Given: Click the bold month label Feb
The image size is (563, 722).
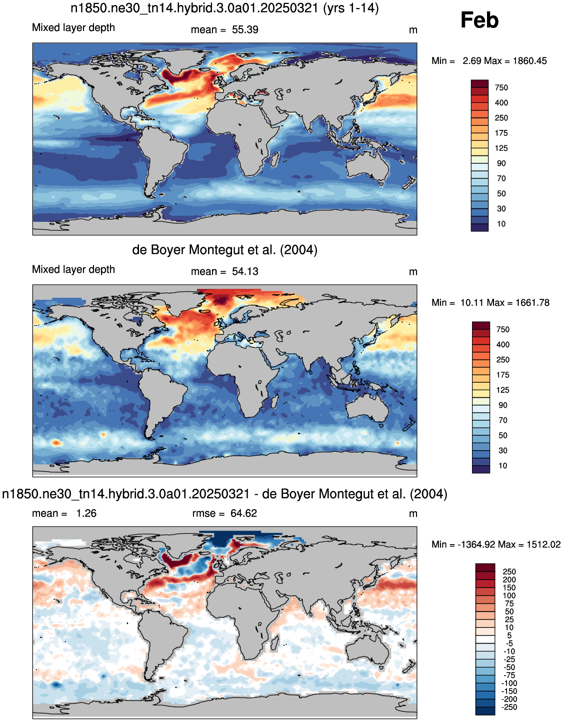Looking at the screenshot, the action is pos(479,20).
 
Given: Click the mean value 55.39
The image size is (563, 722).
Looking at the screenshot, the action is pos(245,29).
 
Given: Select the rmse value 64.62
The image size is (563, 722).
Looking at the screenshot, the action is pos(243,513).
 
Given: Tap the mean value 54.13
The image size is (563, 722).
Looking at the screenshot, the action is pos(245,271).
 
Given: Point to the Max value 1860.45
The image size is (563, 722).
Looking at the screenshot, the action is pos(530,61).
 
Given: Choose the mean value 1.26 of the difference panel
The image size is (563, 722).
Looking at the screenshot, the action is pos(86,513).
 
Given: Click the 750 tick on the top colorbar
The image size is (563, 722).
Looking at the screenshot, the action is pos(501,88).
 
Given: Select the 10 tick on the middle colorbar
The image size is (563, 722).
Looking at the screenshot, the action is pos(502,466).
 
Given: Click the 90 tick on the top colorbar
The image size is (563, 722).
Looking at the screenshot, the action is pos(501,163).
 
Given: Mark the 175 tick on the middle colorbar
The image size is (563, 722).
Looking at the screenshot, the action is pos(502,375).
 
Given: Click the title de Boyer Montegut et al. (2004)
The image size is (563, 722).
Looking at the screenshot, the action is pos(224,250).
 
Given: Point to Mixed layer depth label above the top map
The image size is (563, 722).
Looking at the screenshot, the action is pos(73,27).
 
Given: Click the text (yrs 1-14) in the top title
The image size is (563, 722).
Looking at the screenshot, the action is pos(351,8).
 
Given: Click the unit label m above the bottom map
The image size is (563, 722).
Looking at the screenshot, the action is pos(413,514).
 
